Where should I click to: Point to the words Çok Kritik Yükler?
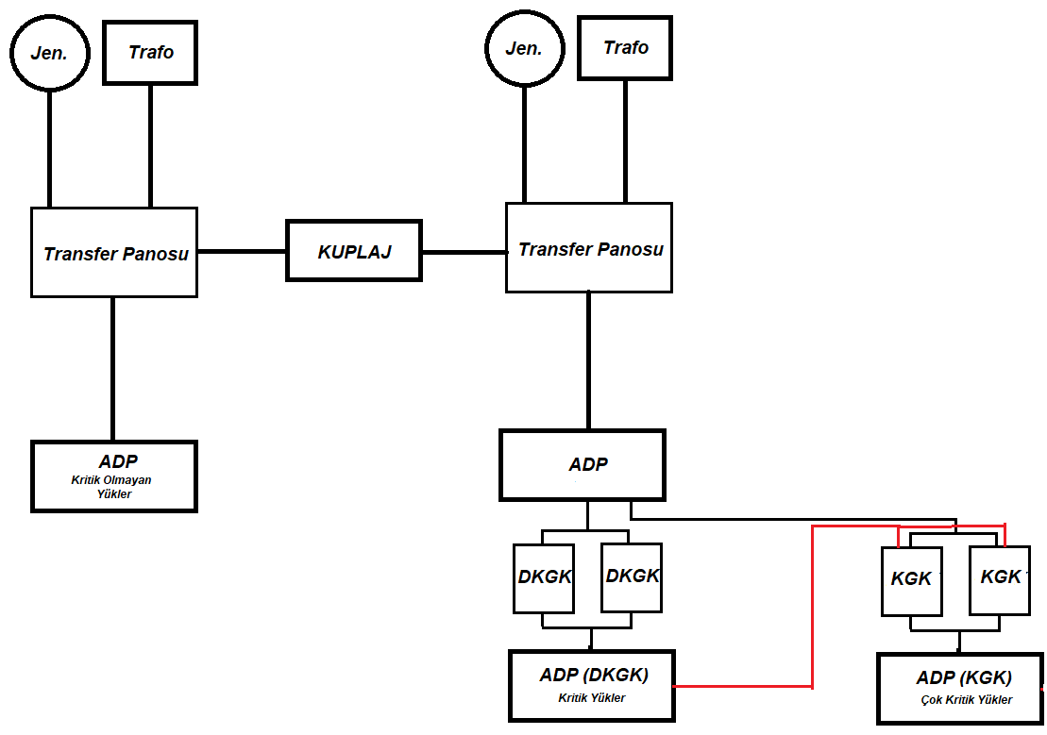coord(966,700)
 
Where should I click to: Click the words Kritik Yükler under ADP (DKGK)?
coord(592,697)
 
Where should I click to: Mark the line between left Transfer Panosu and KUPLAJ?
coord(242,251)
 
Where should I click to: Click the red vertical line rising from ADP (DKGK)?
coord(812,607)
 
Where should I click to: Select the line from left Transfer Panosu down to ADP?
coord(113,369)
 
